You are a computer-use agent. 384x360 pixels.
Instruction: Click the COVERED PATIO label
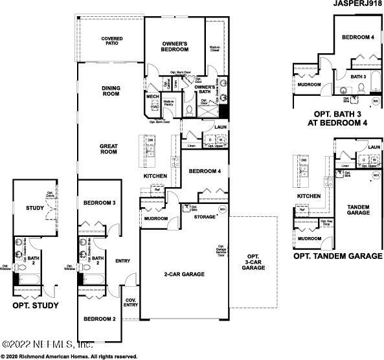pos(111,42)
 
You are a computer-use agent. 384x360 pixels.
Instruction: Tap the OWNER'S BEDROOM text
pos(174,47)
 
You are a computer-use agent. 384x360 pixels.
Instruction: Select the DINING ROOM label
pos(111,91)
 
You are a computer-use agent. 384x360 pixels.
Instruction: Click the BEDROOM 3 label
pos(99,203)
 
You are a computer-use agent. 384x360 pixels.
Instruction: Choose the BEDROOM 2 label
pos(99,319)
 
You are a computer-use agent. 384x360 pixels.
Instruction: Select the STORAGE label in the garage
pos(205,216)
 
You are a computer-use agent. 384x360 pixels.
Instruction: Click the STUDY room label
pos(34,208)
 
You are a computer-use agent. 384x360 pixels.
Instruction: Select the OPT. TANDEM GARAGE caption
pos(337,256)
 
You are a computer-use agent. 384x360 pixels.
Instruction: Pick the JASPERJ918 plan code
pos(355,4)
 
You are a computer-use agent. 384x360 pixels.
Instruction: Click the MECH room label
pos(152,96)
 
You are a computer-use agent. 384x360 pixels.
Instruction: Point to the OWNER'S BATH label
pos(205,90)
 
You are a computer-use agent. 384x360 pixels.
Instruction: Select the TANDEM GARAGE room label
pos(357,210)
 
